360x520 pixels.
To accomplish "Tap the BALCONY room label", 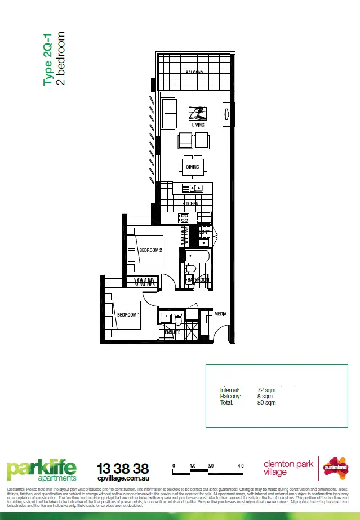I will pos(195,72).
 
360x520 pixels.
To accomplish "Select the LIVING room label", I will pos(198,125).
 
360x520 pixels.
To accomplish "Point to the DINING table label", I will pos(193,167).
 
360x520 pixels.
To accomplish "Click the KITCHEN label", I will pos(190,203).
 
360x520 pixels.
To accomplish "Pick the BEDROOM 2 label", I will pos(150,250).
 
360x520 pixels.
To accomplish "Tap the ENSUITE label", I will pos(172,332).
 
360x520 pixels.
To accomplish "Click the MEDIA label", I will pos(220,314).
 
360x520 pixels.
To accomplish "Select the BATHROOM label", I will pos(198,279).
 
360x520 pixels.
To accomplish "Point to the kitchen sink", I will pos(195,188).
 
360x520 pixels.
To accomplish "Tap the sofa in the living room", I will pos(169,114).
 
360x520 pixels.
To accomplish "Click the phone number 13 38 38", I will pos(123,468).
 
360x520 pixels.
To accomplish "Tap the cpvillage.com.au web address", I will pos(123,479).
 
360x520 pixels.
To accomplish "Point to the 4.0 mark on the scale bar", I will pos(241,466).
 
